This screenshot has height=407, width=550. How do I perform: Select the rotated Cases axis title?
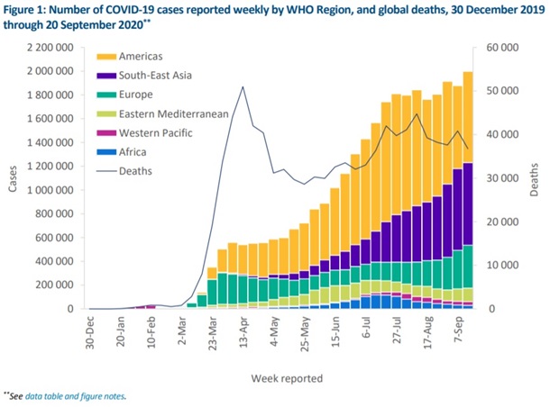click(x=11, y=178)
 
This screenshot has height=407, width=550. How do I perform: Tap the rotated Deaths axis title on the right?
click(x=536, y=178)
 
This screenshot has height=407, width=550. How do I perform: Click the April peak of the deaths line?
click(x=243, y=86)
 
